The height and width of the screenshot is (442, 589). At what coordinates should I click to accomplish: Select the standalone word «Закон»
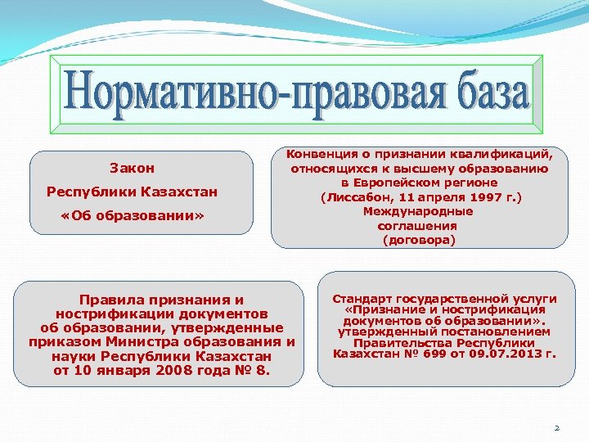point(132,168)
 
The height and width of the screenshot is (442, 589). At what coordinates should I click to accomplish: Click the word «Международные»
point(418,211)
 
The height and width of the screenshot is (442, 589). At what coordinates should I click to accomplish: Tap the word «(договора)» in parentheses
point(419,241)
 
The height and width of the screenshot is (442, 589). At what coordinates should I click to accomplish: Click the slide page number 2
point(556,427)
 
